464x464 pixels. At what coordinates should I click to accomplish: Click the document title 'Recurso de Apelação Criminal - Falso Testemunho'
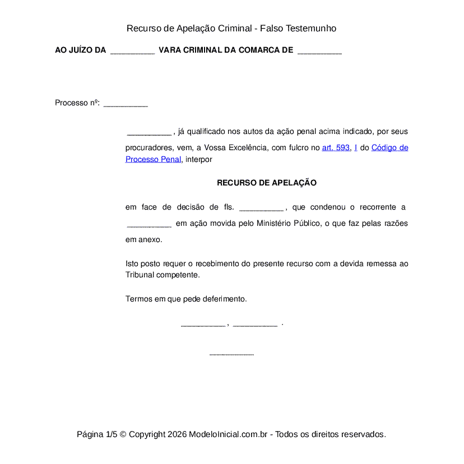(x=231, y=28)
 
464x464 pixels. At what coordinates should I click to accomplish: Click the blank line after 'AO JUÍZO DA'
(x=132, y=50)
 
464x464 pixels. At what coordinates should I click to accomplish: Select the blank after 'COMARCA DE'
(x=319, y=50)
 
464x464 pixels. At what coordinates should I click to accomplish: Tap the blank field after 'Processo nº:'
(x=126, y=103)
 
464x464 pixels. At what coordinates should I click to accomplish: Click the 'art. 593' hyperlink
(x=336, y=147)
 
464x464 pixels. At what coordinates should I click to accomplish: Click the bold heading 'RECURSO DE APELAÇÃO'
(x=267, y=183)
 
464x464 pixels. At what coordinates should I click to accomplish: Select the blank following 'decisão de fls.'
(x=261, y=207)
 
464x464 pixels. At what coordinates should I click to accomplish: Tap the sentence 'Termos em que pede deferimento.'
(x=186, y=299)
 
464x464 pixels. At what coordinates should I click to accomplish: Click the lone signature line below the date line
(x=231, y=353)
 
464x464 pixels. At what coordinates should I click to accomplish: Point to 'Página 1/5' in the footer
(x=97, y=434)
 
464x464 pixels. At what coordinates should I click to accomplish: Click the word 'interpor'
(x=199, y=159)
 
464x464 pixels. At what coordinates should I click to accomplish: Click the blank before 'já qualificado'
(x=149, y=132)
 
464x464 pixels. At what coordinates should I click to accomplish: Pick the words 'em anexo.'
(x=144, y=239)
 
